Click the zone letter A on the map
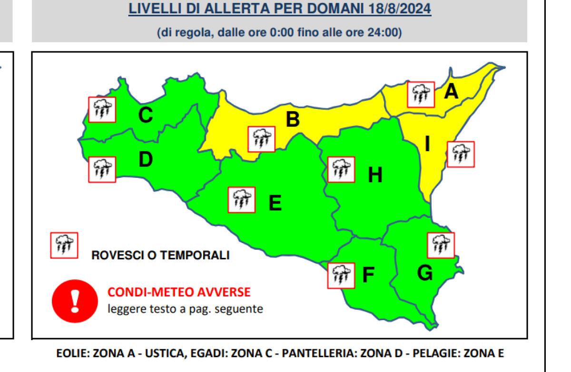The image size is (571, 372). tap(451, 91)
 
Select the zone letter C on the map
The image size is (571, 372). tap(145, 115)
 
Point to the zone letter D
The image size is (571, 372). tap(146, 160)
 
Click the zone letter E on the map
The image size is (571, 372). tap(275, 203)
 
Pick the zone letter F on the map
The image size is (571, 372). tap(368, 276)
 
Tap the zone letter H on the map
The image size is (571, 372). tap(375, 176)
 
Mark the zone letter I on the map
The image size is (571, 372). tap(428, 144)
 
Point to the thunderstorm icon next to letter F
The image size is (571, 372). tap(341, 275)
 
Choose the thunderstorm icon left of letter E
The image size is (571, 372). tap(242, 200)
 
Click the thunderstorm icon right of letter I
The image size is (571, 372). tap(461, 154)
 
